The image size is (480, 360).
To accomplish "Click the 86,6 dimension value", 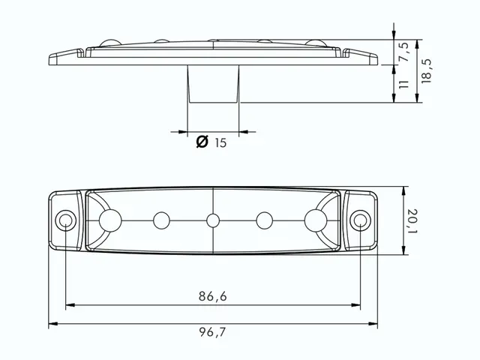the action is (x=213, y=296).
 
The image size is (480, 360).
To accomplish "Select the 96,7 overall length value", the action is (x=212, y=331).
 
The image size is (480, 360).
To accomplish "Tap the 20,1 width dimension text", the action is (x=412, y=220).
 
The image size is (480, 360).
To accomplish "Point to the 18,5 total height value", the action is (x=426, y=71).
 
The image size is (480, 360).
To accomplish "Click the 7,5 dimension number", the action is (x=403, y=52).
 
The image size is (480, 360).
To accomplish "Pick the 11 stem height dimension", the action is (x=403, y=85).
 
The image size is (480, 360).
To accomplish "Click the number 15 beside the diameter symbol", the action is (x=220, y=142).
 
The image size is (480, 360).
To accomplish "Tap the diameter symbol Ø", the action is (x=202, y=142).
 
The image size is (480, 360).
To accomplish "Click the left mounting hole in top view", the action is (x=66, y=220).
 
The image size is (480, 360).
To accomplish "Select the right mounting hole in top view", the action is (x=361, y=220).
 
